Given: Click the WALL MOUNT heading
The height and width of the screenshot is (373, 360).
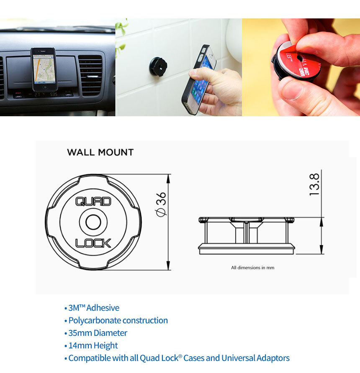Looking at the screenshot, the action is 100,152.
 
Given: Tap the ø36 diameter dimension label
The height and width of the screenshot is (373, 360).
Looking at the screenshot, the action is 161,204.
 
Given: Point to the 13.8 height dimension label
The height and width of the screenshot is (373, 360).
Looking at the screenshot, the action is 314,184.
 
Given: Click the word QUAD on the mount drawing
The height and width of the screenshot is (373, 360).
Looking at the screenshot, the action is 93,202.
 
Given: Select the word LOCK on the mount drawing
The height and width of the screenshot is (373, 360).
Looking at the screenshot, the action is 93,243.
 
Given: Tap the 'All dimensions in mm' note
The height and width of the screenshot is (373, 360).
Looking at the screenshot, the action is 252,268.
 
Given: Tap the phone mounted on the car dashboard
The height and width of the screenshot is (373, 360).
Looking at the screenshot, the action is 44,69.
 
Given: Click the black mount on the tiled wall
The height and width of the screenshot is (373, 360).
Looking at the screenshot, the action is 158,67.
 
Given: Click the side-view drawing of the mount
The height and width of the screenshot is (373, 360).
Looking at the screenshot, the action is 247,235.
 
